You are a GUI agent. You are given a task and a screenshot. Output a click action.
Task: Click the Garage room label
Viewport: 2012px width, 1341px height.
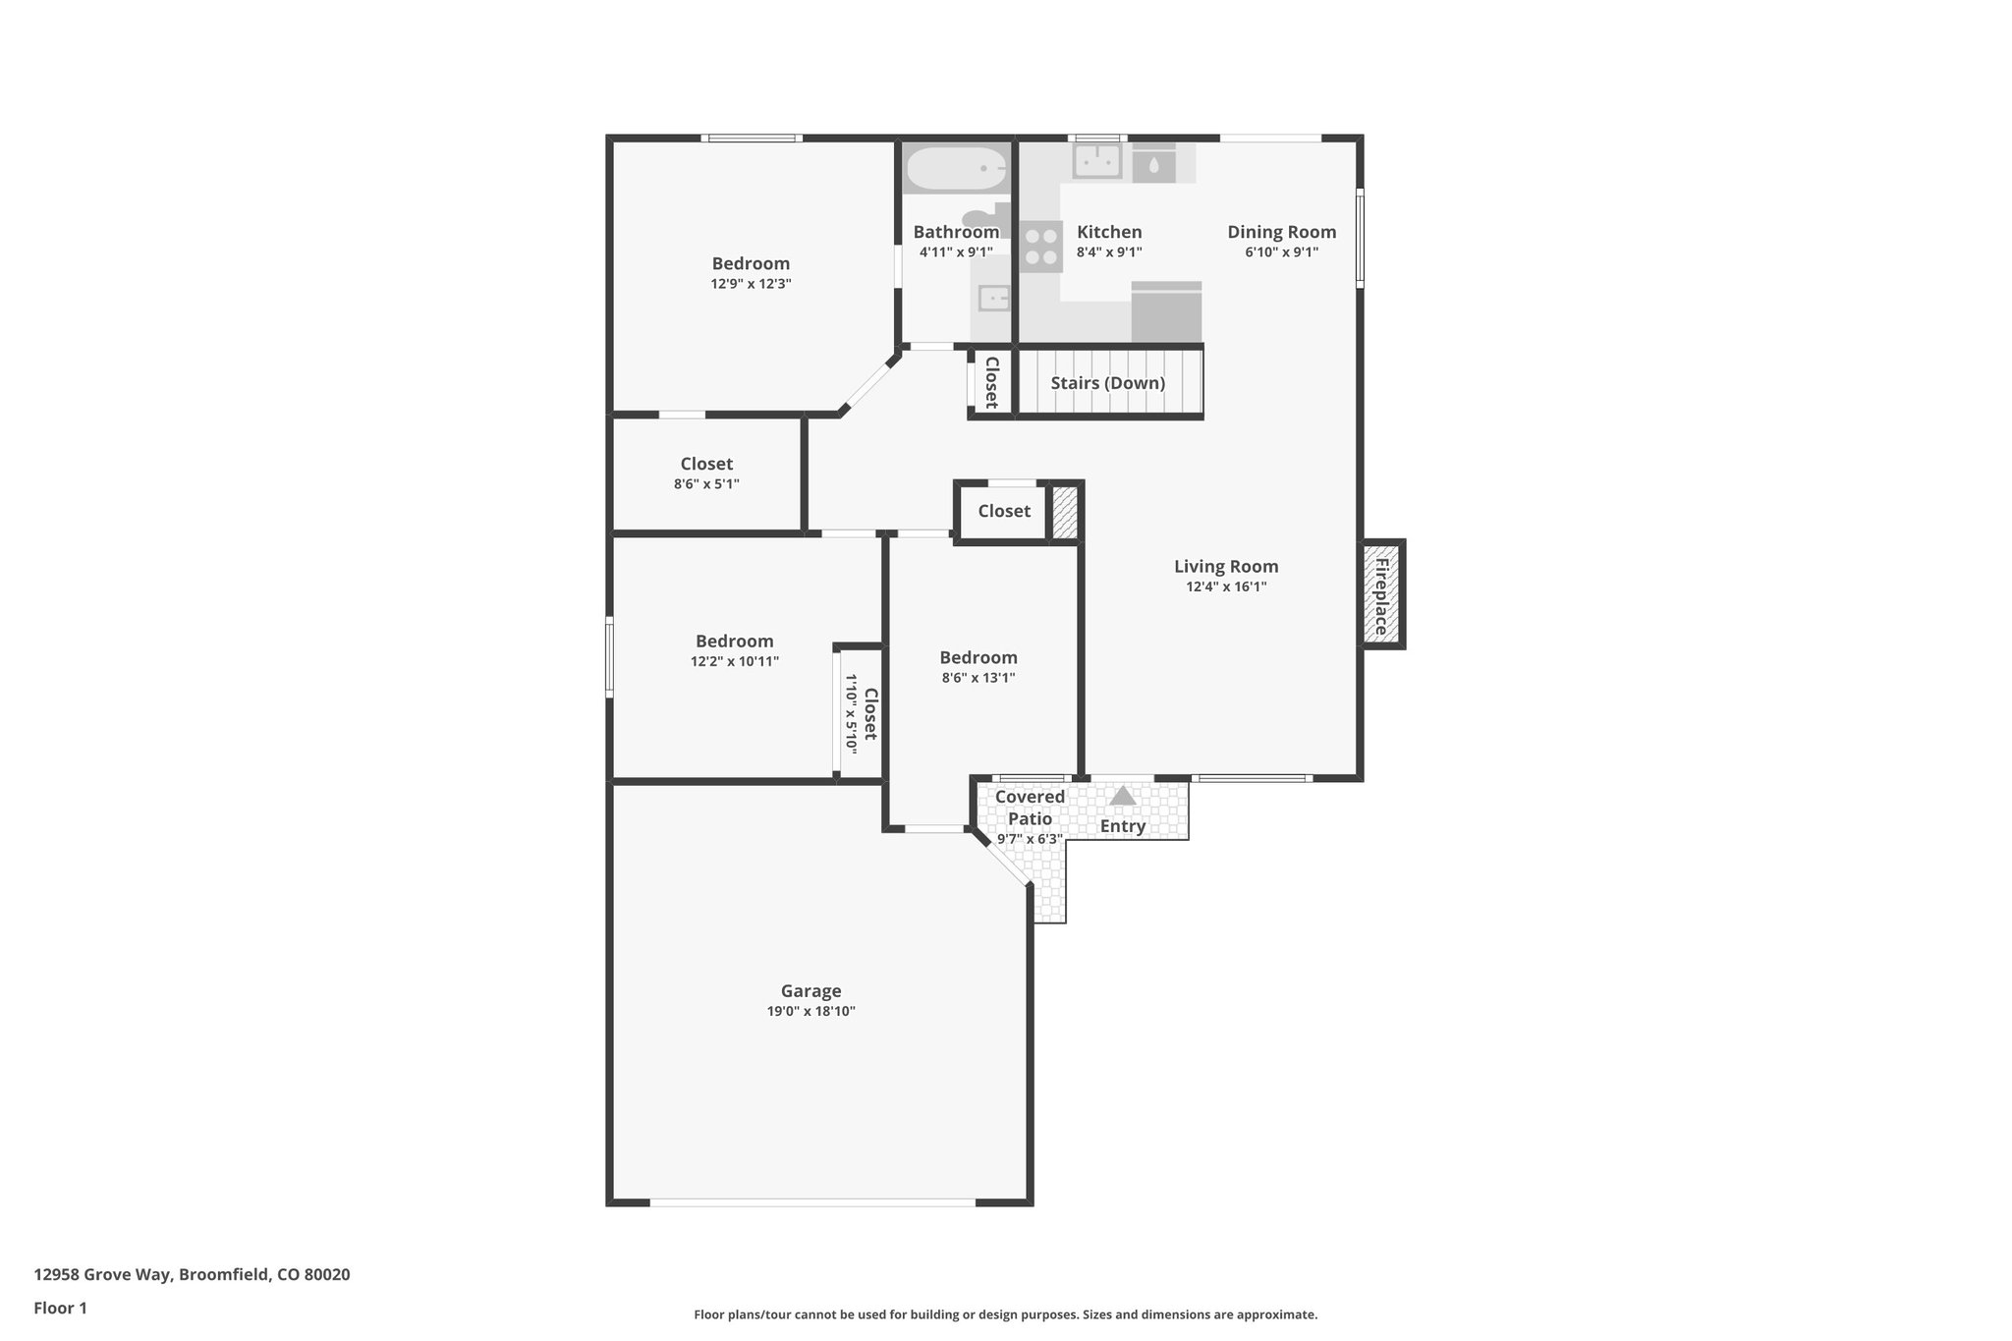pos(810,991)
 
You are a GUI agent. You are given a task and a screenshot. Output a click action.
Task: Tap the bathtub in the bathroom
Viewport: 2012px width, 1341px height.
pos(955,169)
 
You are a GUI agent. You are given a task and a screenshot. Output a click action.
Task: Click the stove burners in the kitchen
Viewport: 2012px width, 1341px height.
pos(1040,247)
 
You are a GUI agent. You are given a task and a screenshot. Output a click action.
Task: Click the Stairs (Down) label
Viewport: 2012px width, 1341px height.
pos(1107,383)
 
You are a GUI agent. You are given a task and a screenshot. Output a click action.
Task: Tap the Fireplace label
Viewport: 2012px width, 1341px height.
pos(1381,595)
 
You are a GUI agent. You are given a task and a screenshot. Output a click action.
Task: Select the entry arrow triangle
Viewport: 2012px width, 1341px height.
pos(1122,796)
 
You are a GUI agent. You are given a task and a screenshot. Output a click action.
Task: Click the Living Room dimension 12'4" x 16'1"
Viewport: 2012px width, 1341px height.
pos(1225,587)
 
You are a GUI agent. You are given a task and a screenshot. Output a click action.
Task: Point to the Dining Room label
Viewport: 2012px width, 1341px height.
pos(1281,232)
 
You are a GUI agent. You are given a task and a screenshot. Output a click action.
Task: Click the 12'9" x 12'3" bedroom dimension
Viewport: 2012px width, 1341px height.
pos(751,284)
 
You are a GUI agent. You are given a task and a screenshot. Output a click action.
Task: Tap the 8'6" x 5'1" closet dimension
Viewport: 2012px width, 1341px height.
pos(706,484)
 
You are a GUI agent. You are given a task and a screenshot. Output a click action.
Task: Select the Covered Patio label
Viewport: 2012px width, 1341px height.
pos(1030,808)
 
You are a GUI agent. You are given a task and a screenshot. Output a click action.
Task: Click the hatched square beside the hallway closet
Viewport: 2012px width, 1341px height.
pos(1065,512)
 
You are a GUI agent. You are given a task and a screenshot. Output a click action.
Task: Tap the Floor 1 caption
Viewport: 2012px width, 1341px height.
pos(60,1309)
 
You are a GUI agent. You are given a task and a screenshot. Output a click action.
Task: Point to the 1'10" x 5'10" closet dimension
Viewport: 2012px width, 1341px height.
pos(851,714)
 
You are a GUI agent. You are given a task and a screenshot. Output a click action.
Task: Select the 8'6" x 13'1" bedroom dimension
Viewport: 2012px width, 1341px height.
pos(978,678)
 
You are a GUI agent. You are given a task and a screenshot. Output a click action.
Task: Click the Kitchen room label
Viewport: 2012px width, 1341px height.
pos(1109,232)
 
